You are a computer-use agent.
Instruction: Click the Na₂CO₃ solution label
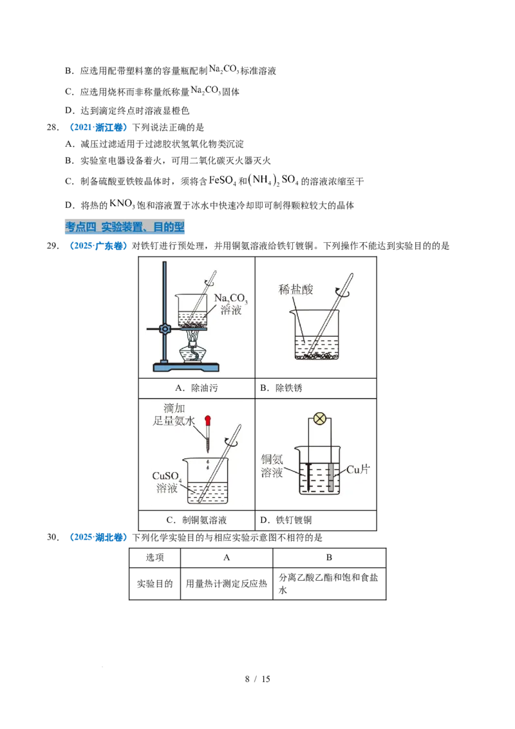click(x=233, y=303)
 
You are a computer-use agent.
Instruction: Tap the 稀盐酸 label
click(x=296, y=290)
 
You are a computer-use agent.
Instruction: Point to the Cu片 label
click(x=358, y=470)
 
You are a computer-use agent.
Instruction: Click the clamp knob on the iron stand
click(x=165, y=329)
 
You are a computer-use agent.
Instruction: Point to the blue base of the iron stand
click(x=185, y=368)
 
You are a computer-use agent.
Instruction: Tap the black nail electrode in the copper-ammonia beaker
click(x=308, y=477)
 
